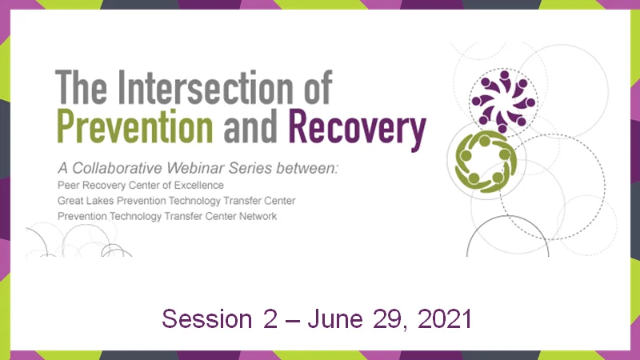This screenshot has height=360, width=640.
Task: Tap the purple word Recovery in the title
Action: pos(356,125)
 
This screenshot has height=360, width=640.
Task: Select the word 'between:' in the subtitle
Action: pos(310,169)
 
